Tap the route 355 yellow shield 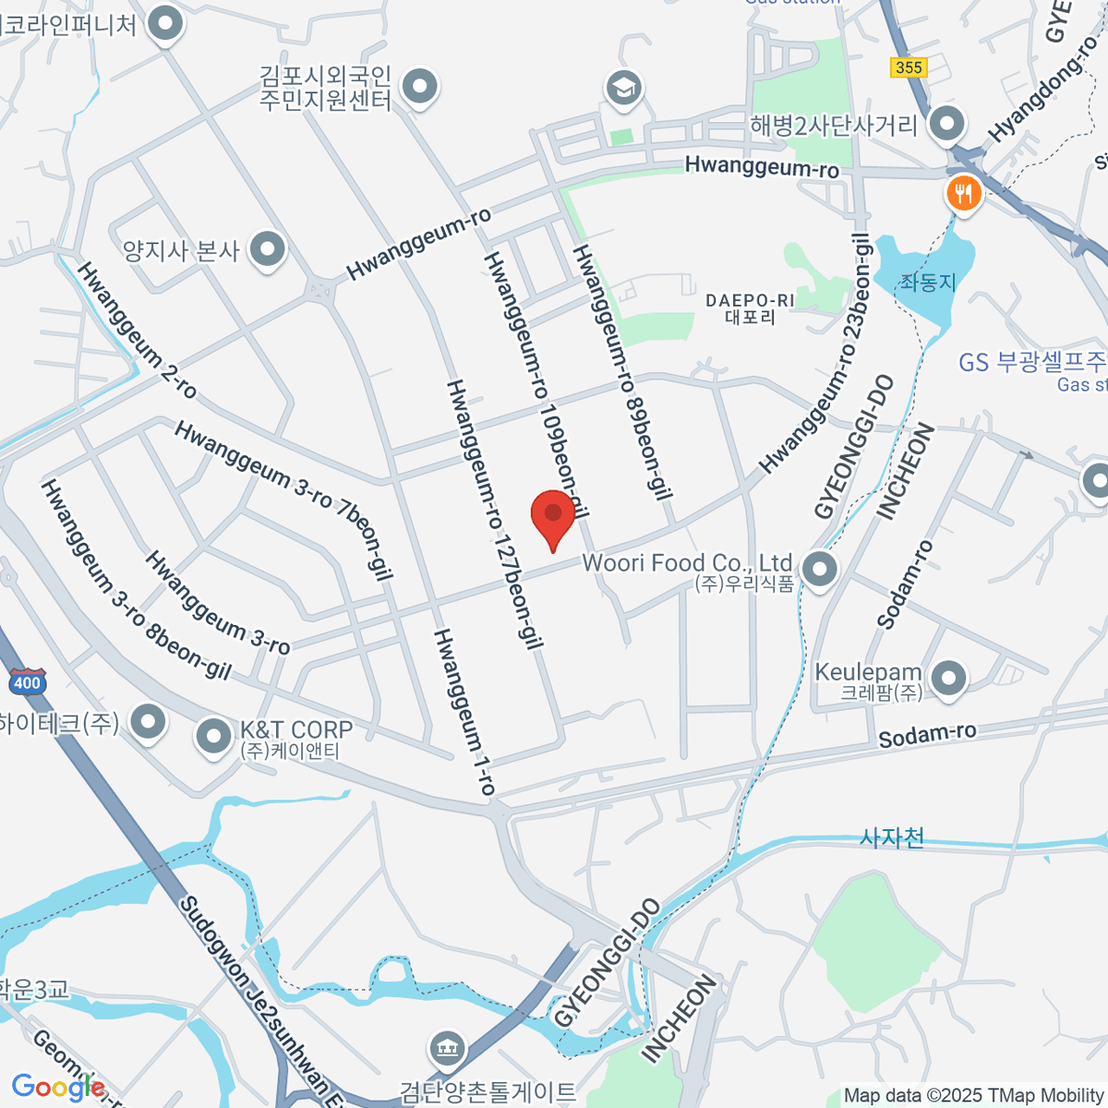(909, 67)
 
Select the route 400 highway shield (27, 683)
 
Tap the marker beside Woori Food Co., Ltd (819, 570)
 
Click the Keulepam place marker (948, 679)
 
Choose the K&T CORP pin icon (214, 737)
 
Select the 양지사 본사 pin (268, 249)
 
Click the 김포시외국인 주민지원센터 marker (421, 88)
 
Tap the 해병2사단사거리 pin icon (946, 124)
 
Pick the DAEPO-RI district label (750, 308)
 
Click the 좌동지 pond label (927, 282)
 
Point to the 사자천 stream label (892, 837)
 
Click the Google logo (57, 1088)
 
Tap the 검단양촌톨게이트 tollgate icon (448, 1048)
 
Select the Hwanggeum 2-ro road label (137, 330)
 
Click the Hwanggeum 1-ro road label (465, 711)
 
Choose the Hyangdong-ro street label (1044, 90)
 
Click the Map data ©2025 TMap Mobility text (973, 1096)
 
